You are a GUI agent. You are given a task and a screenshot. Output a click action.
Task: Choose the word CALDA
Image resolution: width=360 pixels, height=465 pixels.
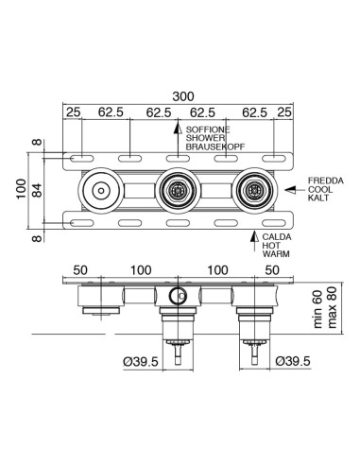pos(277,236)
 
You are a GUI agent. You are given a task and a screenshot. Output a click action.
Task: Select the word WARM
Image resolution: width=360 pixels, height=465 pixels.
pos(276,254)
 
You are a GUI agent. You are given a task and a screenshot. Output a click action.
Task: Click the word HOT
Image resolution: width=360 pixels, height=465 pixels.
pos(272,246)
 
